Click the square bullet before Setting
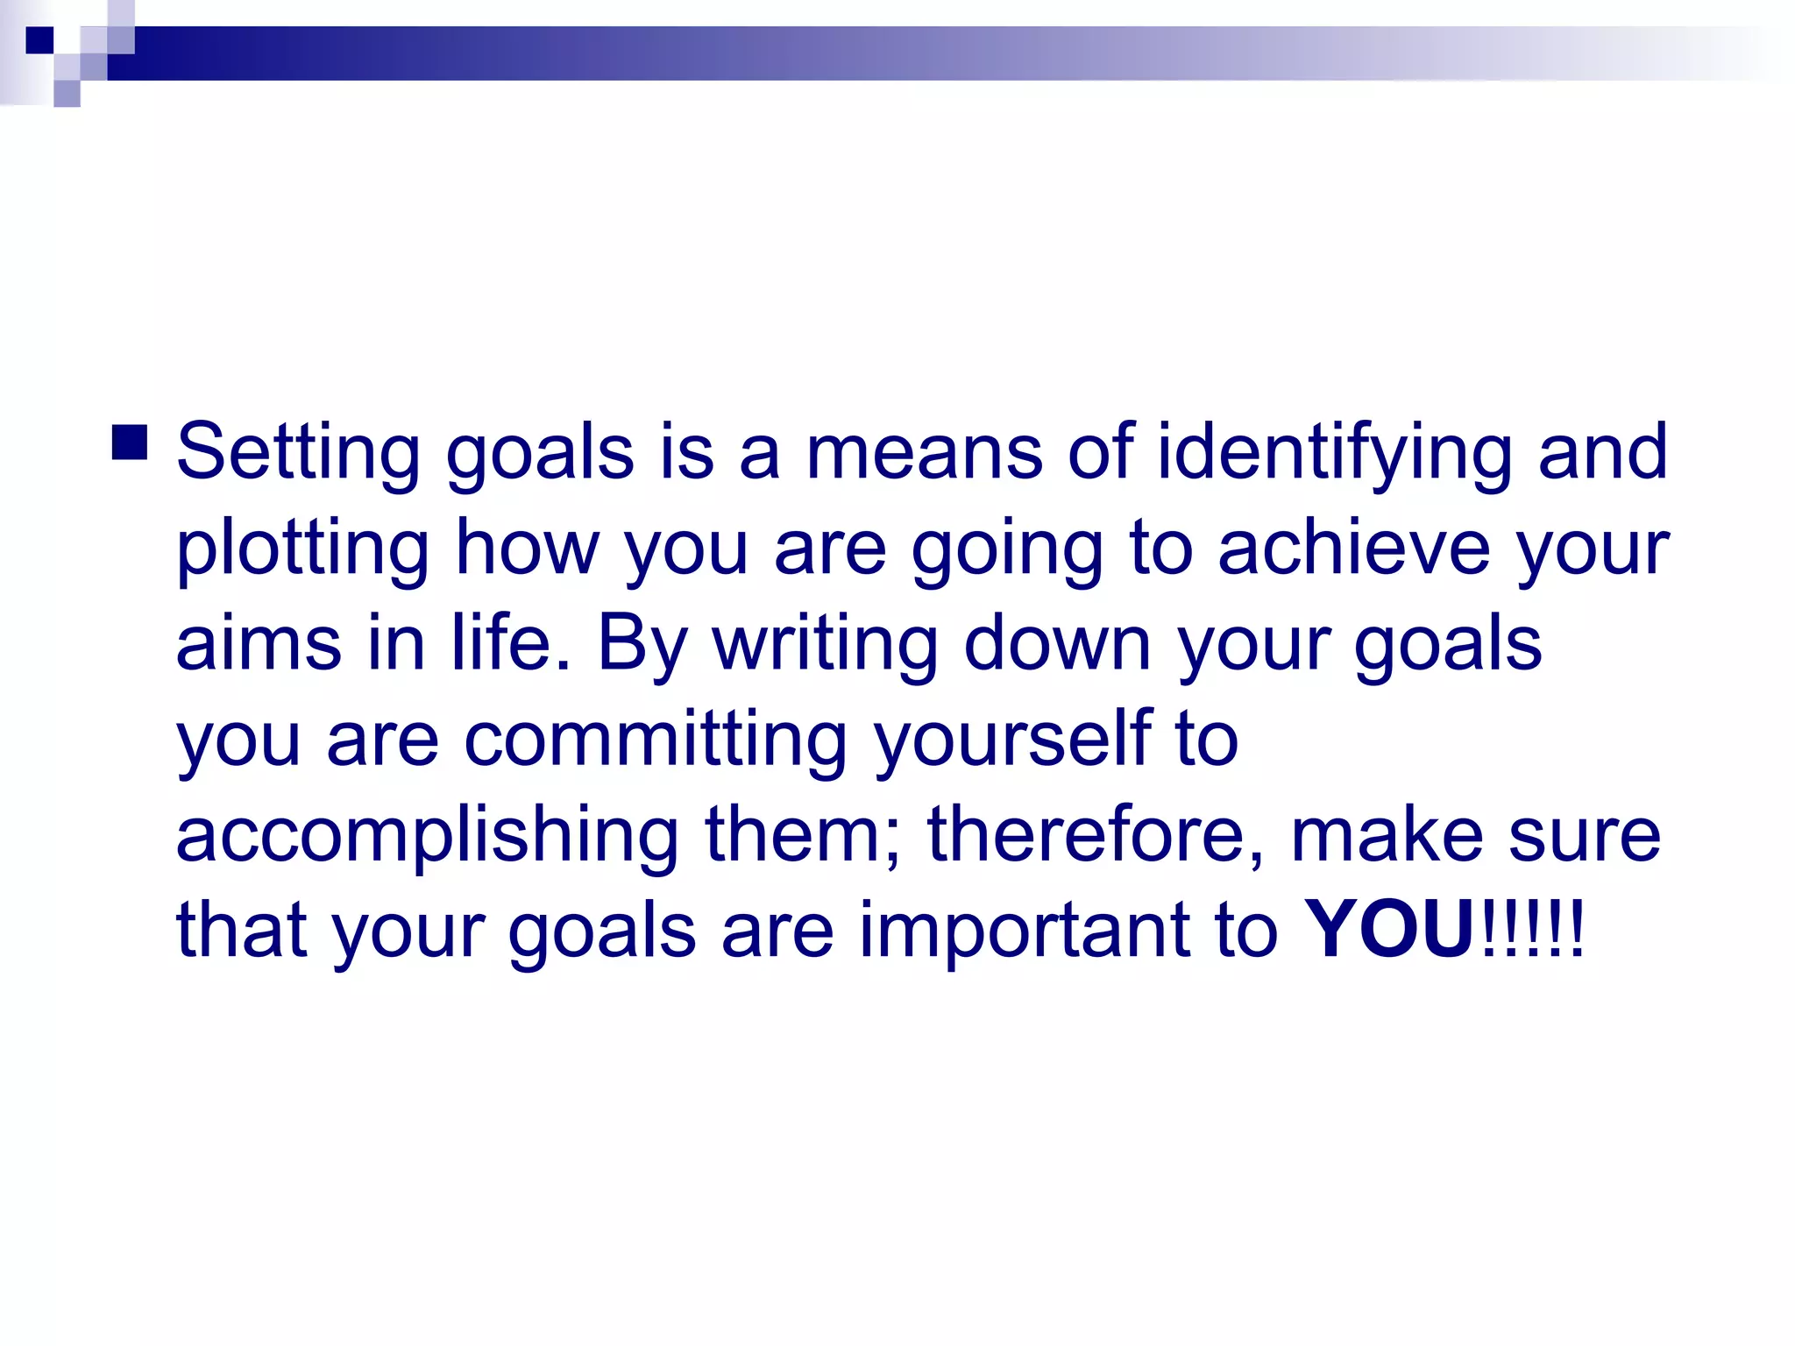pos(130,443)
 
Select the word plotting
pos(302,549)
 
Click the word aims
pos(259,643)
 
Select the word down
pos(1057,643)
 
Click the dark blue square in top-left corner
pos(39,40)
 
